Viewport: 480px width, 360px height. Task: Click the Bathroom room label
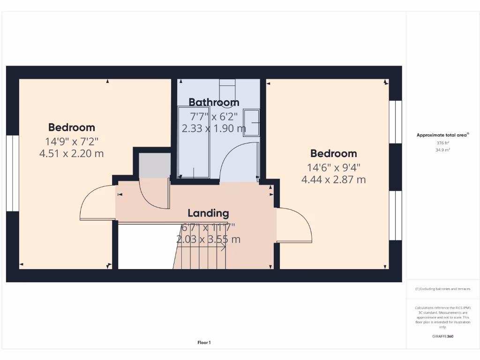214,102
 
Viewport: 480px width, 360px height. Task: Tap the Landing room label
208,213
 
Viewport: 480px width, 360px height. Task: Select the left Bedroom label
72,127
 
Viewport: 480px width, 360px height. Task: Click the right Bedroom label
333,153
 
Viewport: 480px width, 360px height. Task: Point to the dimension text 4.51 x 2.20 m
72,153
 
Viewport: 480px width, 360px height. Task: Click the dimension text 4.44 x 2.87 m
333,180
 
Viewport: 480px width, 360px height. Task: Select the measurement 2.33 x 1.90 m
214,128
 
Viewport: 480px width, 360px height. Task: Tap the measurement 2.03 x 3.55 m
208,239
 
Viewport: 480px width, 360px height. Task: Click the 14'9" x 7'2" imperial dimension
72,141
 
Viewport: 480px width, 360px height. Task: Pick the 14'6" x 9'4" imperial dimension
333,167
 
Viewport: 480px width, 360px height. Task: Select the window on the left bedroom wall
12,173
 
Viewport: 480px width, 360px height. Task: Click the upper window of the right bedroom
396,121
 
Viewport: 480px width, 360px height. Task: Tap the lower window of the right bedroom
396,215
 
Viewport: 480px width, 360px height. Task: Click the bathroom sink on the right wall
252,123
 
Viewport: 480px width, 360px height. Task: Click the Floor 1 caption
204,343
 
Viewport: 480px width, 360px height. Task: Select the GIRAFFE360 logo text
442,336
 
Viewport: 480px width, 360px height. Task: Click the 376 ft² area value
442,143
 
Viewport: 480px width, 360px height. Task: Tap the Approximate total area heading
442,135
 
